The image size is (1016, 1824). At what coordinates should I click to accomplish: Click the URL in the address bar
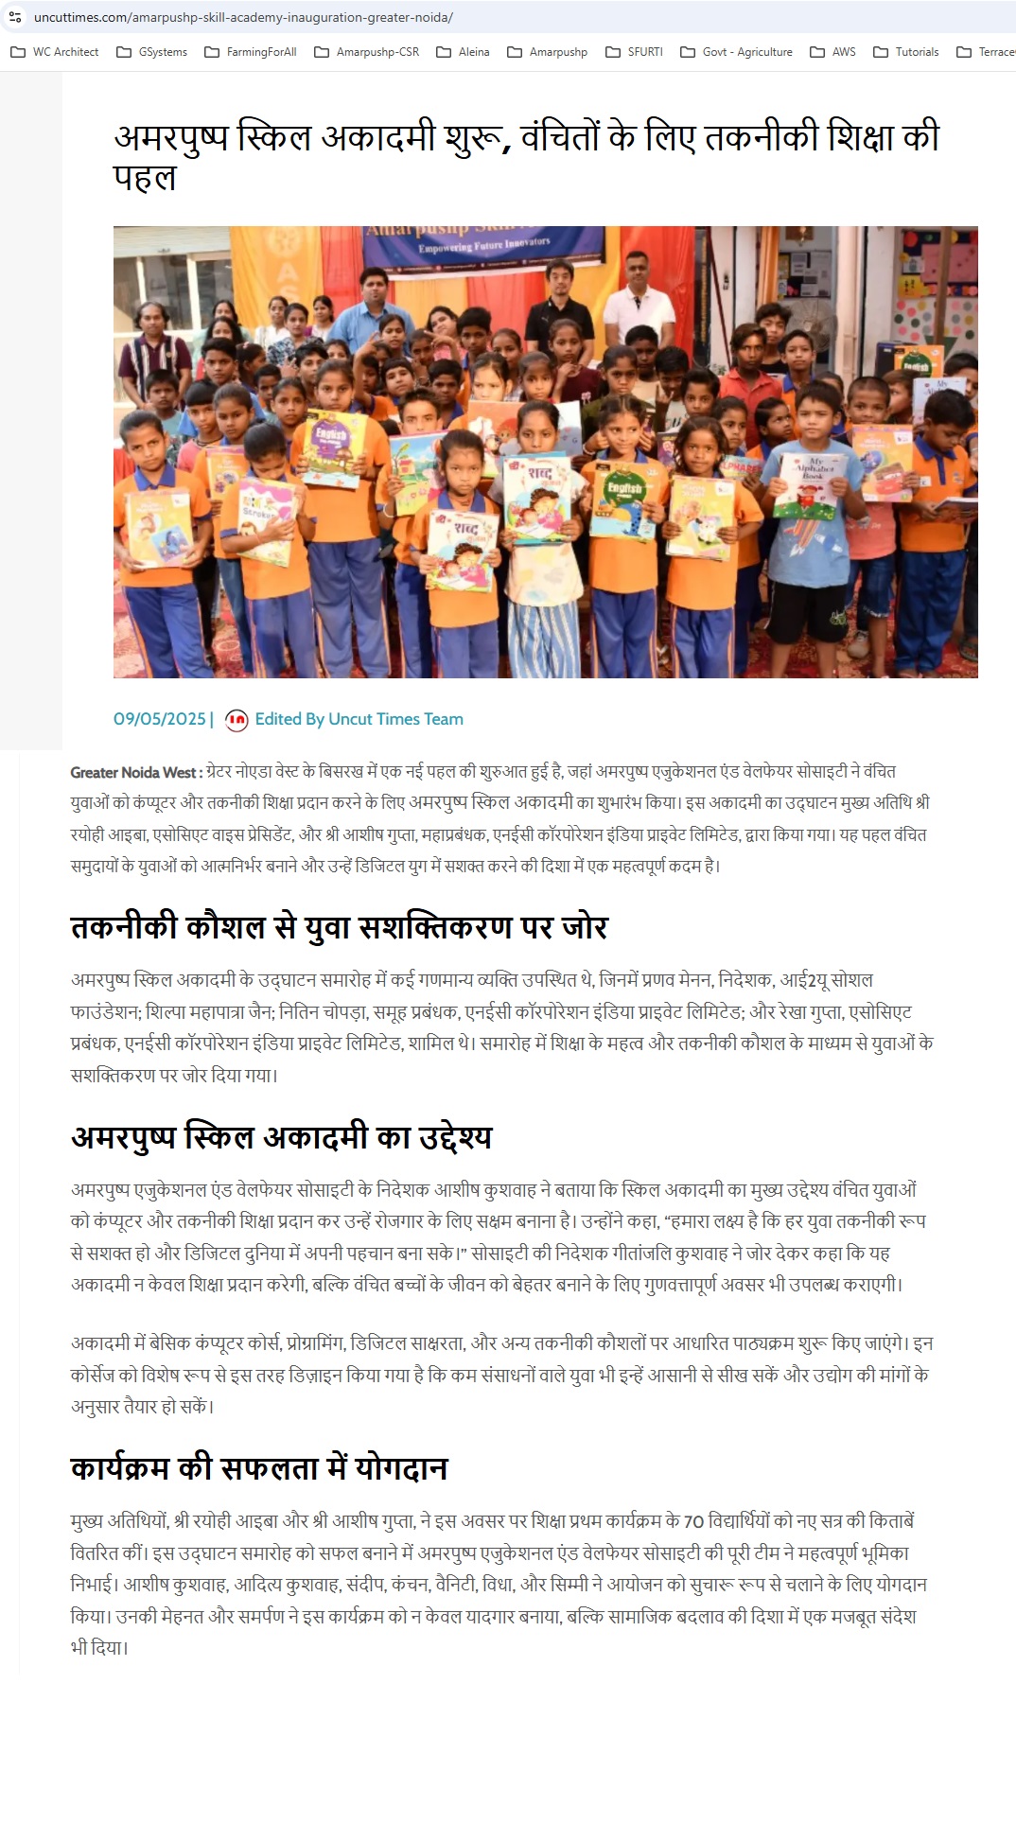pos(243,17)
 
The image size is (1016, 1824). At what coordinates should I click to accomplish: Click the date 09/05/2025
pos(160,719)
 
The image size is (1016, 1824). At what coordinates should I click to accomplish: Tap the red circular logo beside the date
pos(236,720)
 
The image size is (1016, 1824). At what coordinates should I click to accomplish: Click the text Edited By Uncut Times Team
pos(359,719)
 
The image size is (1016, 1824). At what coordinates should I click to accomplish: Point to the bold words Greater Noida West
pos(132,772)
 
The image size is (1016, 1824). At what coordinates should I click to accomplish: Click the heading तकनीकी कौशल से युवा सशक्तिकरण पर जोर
pos(339,926)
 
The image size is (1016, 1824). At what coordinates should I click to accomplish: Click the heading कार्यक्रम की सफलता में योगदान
pos(258,1467)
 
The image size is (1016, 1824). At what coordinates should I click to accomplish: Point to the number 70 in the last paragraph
pos(693,1521)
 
